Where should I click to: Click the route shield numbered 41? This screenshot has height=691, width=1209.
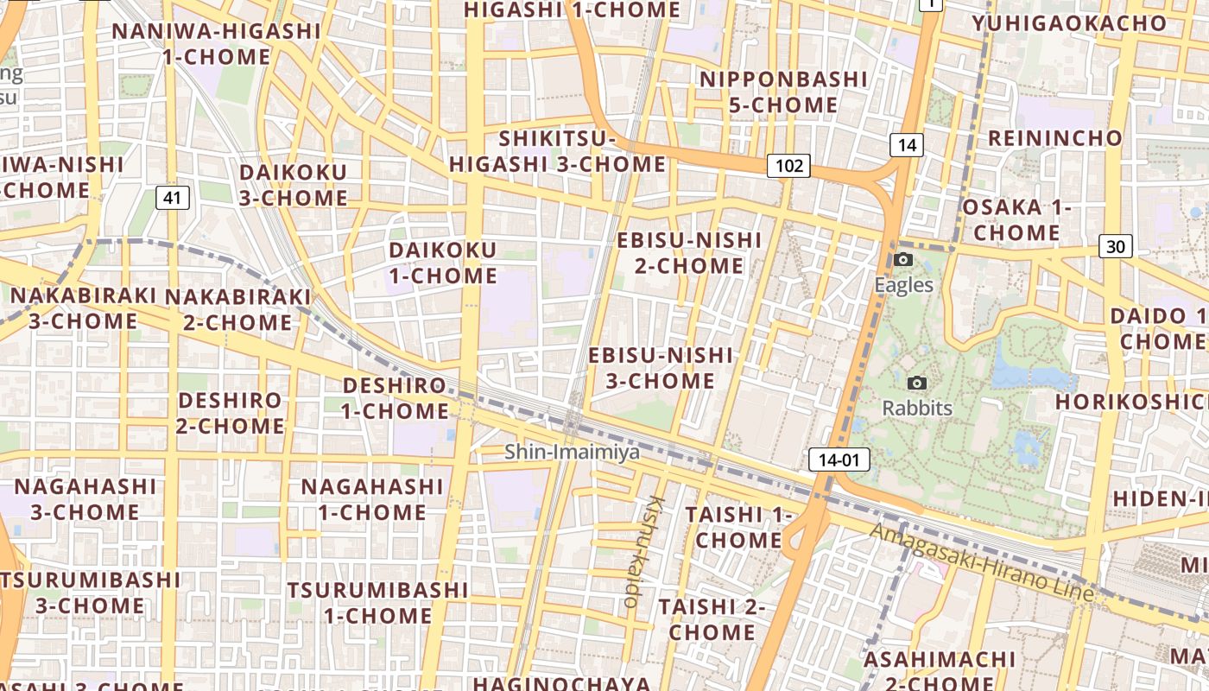pos(173,198)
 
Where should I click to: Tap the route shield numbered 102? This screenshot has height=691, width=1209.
pos(788,166)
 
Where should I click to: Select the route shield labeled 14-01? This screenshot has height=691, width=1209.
pos(839,460)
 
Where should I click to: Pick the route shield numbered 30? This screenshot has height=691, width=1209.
pos(1116,247)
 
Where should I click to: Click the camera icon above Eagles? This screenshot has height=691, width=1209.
pos(903,259)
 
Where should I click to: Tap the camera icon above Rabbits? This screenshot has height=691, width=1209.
pos(917,383)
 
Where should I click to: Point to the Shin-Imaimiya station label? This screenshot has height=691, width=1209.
pos(572,452)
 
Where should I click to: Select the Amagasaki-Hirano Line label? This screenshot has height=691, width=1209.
pos(982,561)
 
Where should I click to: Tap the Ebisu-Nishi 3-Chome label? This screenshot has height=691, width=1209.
pos(661,368)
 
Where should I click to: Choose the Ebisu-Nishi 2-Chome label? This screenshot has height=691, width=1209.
pos(689,252)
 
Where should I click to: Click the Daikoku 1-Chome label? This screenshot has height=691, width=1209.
pos(443,263)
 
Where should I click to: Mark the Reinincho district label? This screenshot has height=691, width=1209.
pos(1055,138)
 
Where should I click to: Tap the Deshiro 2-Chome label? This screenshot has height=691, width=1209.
pos(230,413)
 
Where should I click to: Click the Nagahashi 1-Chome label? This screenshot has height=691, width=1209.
pos(372,499)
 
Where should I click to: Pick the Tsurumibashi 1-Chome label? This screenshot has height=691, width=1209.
pos(377,603)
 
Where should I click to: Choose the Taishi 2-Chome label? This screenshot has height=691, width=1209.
pos(712,619)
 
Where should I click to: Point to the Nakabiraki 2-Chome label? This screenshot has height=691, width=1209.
pos(237,309)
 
